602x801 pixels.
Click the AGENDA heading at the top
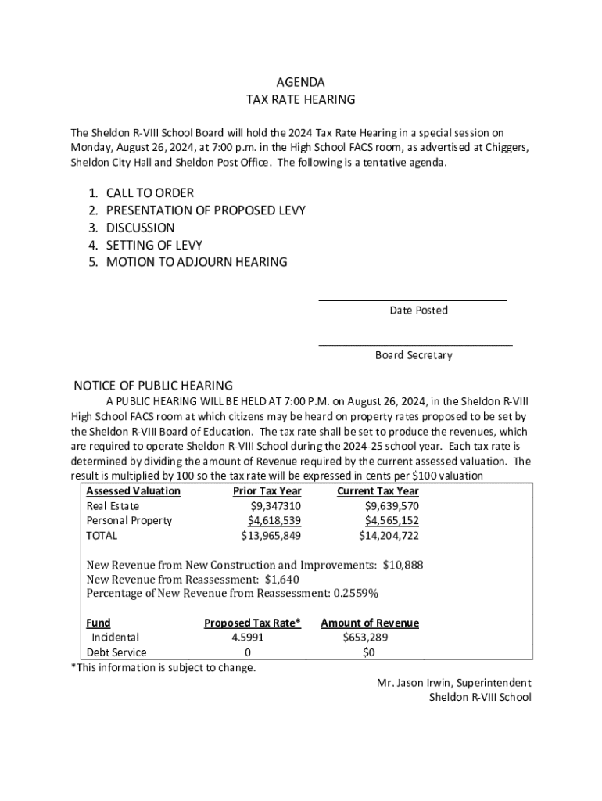[301, 82]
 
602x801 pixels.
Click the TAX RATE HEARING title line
[301, 100]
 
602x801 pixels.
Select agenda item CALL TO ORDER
[149, 193]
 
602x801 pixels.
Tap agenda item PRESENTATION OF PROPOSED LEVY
[206, 210]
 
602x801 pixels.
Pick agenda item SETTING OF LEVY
[154, 246]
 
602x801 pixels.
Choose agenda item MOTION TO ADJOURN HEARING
[196, 263]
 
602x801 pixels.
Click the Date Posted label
[418, 311]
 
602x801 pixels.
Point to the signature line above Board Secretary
[415, 344]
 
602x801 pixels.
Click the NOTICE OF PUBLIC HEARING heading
[153, 386]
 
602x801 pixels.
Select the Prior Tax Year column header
[267, 491]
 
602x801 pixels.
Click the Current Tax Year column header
[378, 491]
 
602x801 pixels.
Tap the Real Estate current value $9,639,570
[389, 506]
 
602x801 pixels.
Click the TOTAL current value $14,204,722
[389, 536]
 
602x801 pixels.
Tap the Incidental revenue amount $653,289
[365, 638]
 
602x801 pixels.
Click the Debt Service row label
[116, 652]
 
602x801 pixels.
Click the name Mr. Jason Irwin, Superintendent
[453, 683]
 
